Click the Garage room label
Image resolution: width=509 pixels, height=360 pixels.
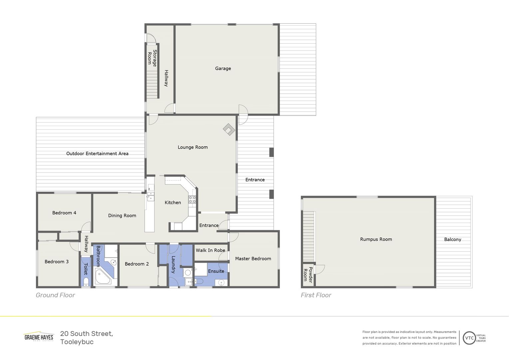click(223, 68)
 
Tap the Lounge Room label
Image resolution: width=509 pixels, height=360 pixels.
click(193, 147)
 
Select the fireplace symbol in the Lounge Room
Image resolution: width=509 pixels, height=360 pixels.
click(229, 129)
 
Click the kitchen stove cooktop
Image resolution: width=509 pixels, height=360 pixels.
click(192, 200)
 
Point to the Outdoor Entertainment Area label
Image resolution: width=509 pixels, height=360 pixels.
click(97, 153)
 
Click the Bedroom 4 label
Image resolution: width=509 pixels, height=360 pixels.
click(64, 213)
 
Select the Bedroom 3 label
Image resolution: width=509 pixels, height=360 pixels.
click(57, 261)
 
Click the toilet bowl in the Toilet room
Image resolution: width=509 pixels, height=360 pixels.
click(86, 283)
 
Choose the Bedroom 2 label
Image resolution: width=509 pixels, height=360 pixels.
click(137, 264)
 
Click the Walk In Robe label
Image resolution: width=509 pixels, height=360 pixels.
click(210, 250)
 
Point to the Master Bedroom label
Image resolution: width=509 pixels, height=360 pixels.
click(253, 258)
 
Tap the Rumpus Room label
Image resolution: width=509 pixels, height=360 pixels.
click(376, 239)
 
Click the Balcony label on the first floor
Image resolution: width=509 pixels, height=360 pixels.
click(452, 239)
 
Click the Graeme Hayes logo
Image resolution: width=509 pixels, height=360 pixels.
click(39, 337)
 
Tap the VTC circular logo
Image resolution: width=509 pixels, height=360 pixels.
click(469, 338)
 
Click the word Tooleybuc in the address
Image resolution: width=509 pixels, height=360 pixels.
click(77, 342)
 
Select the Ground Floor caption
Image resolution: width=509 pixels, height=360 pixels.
click(55, 295)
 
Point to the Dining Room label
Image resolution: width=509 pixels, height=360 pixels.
click(122, 215)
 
